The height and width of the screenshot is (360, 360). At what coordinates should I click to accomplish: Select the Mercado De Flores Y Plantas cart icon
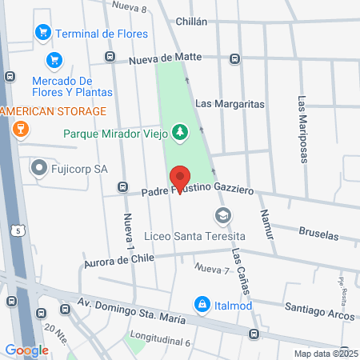tap(54, 59)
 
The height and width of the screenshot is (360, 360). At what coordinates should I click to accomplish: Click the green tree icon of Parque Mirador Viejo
tap(181, 132)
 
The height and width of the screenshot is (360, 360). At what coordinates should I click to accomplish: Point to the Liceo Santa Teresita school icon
tap(222, 215)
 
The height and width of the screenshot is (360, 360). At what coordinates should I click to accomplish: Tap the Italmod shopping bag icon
tap(202, 304)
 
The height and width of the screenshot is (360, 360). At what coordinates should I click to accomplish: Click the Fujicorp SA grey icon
tap(38, 168)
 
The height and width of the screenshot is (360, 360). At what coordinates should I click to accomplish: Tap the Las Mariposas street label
tap(302, 128)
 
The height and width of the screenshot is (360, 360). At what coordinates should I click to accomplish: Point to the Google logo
tap(26, 350)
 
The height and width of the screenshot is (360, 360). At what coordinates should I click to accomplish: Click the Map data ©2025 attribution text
tap(325, 354)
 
